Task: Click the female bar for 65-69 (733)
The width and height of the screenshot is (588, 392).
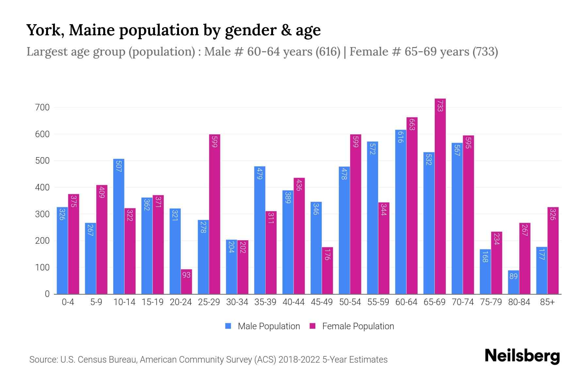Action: point(440,196)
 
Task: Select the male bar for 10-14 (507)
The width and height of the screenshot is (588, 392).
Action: point(119,226)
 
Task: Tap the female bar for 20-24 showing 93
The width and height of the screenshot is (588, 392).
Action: point(186,282)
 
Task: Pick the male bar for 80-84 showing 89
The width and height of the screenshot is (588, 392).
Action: point(514,282)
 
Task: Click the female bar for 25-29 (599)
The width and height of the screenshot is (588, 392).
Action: point(214,214)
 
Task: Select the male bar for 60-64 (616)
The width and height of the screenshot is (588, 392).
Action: point(400,212)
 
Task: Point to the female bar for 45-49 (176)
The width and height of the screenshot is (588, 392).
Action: point(327,270)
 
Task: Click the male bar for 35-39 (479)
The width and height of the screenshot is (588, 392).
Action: point(260,230)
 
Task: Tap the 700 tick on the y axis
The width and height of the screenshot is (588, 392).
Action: point(42,107)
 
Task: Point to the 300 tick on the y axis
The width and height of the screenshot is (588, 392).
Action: point(42,214)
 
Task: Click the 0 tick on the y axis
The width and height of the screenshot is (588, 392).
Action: point(47,294)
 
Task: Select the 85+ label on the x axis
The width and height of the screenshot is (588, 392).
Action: point(547,302)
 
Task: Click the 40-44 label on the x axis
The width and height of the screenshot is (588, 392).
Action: point(293,302)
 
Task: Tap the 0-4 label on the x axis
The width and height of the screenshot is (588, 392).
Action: point(68,302)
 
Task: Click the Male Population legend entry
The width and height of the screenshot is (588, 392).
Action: point(268,326)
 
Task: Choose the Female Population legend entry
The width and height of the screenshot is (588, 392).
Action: point(358,326)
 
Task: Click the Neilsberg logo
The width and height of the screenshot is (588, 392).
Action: point(522,356)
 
